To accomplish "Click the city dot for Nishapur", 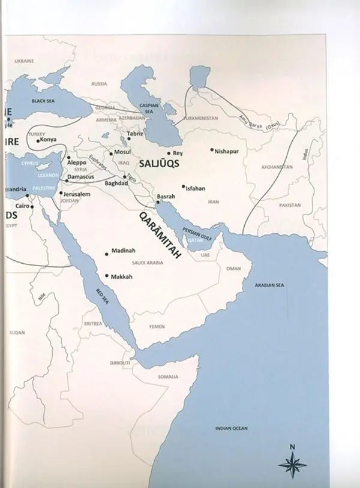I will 212,150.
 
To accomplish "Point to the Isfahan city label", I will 196,188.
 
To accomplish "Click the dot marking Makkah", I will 107,276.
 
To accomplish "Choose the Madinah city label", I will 122,253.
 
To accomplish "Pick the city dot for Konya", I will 38,141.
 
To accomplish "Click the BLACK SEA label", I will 43,101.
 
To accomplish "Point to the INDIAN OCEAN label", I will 231,428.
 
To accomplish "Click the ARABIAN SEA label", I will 269,286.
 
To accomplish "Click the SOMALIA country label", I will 168,376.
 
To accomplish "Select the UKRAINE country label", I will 24,61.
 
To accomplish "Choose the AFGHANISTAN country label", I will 276,167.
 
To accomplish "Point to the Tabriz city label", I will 136,134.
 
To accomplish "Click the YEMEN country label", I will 157,327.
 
